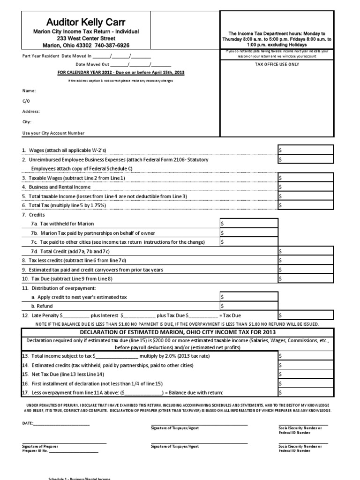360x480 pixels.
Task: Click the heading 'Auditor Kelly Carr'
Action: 86,22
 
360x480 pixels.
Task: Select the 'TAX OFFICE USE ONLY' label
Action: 277,64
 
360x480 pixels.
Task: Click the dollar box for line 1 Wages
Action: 306,150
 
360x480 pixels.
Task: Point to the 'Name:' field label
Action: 29,91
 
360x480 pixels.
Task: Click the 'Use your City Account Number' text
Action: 53,133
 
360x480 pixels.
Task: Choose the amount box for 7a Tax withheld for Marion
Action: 249,223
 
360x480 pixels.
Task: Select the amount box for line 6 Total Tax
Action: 306,205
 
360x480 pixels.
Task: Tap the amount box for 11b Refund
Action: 249,306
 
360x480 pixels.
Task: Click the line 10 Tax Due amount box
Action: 306,278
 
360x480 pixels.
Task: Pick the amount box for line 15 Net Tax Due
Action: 306,374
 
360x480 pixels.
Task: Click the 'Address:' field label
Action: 31,112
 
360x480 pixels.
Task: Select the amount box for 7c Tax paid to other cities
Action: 249,242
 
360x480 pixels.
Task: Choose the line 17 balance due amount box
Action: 306,392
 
